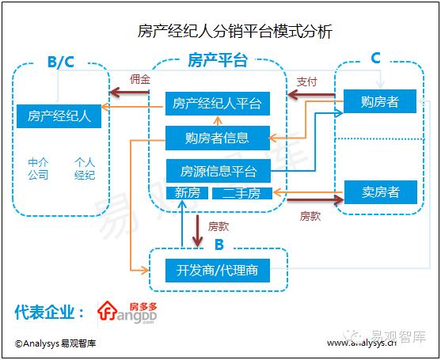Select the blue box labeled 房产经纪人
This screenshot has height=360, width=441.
pos(59,116)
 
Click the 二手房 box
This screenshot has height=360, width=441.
pos(242,193)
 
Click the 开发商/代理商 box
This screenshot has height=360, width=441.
pos(217,271)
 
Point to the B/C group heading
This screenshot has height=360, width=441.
pos(60,62)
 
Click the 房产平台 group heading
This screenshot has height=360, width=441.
pos(217,61)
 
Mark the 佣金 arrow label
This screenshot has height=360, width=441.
pos(139,79)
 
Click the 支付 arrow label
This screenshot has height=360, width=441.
pos(306,81)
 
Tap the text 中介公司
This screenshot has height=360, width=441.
pos(38,169)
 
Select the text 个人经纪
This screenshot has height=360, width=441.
pos(84,169)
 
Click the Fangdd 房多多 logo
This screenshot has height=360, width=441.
pos(126,312)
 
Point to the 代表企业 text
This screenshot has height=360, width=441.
pos(49,313)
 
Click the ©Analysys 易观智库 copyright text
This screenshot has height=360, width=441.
pos(55,343)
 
